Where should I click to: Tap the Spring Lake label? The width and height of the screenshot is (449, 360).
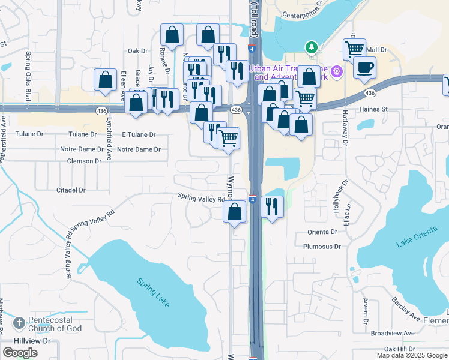[x=153, y=292]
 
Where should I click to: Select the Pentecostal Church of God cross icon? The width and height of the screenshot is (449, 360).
[x=19, y=323]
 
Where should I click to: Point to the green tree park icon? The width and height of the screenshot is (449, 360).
[x=311, y=47]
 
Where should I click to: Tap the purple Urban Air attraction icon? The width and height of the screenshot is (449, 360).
[x=337, y=71]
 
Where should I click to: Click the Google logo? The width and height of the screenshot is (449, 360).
[x=19, y=353]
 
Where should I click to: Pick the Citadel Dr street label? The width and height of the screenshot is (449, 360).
[x=71, y=190]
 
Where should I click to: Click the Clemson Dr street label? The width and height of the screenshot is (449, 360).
[x=84, y=161]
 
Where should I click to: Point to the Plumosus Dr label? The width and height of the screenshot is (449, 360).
[x=322, y=246]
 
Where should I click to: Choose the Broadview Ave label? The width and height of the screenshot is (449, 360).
[x=393, y=333]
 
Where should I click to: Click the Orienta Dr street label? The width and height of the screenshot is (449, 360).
[x=322, y=232]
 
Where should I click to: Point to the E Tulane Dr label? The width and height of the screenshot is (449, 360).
[x=139, y=135]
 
